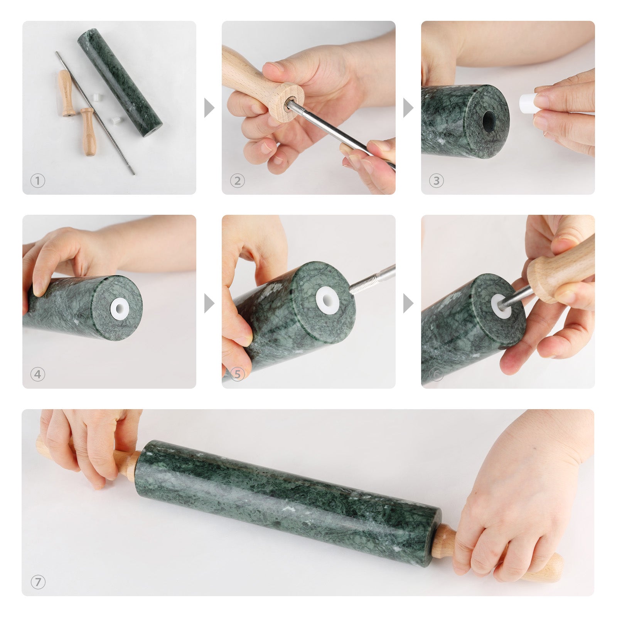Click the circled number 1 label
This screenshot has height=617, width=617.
coord(38,180)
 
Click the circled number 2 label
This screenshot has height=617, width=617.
coord(237,180)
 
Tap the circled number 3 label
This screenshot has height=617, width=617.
coord(437,180)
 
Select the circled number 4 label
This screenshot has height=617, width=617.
coord(38,374)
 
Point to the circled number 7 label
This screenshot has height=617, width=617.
coord(38,582)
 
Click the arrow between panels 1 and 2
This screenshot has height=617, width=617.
coord(209,108)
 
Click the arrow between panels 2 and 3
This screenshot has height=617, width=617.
coord(408,108)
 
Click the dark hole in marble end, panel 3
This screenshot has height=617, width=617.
coord(488,120)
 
